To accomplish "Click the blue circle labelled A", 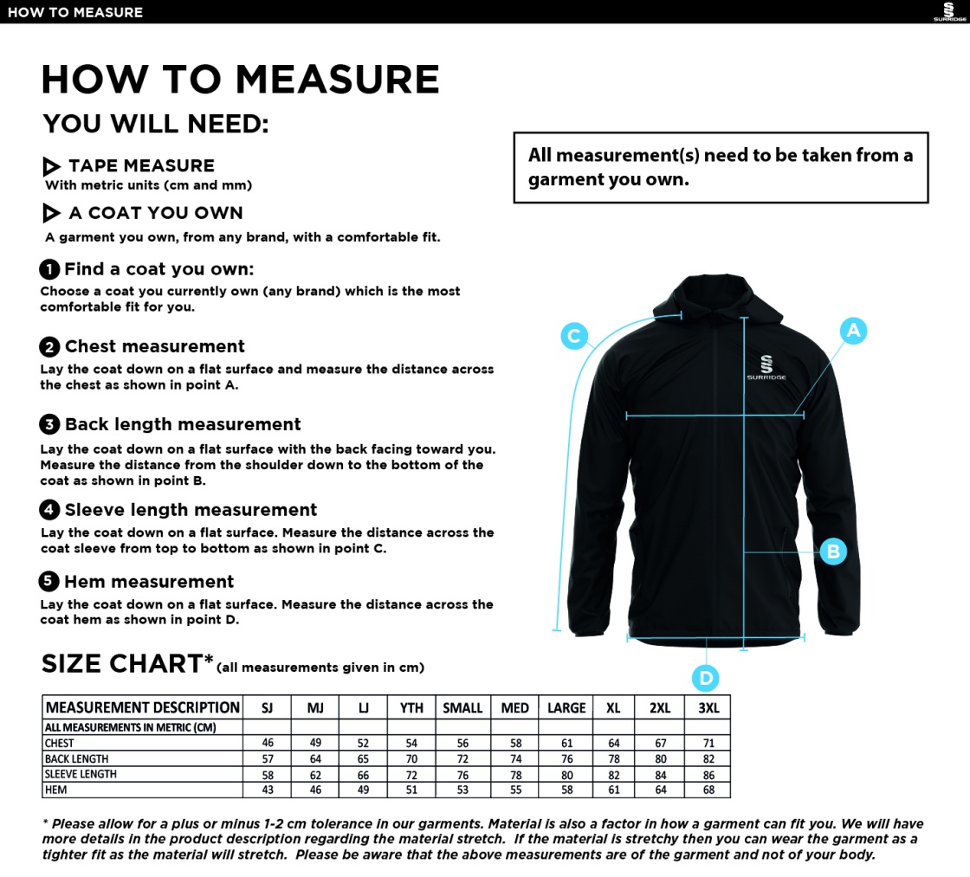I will (x=853, y=330).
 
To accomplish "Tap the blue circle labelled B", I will (x=832, y=551).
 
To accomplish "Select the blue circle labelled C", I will (x=574, y=335).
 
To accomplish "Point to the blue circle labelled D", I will (x=706, y=678).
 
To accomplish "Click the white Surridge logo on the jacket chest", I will (x=767, y=368).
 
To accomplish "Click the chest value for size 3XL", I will (x=708, y=743).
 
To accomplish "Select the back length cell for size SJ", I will (x=267, y=759).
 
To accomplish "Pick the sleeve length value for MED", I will (x=515, y=774).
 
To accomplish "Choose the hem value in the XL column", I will (x=613, y=790).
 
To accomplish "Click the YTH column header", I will (x=411, y=707).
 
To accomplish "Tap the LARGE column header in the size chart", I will (x=566, y=707).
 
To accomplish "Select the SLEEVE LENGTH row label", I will (x=81, y=774).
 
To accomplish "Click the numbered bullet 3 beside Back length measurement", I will (x=49, y=424).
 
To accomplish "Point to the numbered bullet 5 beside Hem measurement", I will (x=49, y=582).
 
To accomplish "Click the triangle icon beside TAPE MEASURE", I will (x=52, y=166).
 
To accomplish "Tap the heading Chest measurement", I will (x=154, y=346).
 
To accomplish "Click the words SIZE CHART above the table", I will (x=121, y=664).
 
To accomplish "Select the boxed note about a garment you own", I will (x=720, y=167).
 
